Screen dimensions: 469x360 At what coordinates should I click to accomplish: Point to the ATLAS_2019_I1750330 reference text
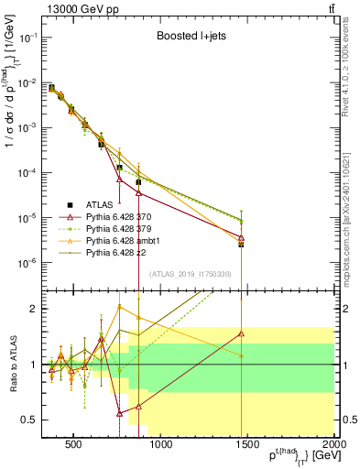pyautogui.click(x=190, y=273)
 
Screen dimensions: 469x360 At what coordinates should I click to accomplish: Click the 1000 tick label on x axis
pyautogui.click(x=161, y=446)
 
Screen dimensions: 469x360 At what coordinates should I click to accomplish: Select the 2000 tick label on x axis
pyautogui.click(x=333, y=446)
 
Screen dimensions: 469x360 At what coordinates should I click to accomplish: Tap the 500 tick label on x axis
pyautogui.click(x=74, y=446)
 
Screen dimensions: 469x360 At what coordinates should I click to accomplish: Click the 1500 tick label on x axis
pyautogui.click(x=247, y=446)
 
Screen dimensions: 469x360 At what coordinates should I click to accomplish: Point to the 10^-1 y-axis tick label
pyautogui.click(x=27, y=38)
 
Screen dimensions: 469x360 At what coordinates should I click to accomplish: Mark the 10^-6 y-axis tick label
pyautogui.click(x=27, y=263)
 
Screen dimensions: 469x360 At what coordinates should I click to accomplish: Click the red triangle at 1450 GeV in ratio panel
pyautogui.click(x=241, y=333)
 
